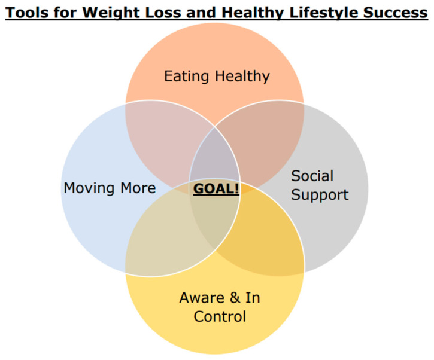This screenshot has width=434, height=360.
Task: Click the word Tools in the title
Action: [28, 13]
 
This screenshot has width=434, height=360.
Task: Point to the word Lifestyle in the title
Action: [324, 13]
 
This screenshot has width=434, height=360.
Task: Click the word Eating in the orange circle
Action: [187, 77]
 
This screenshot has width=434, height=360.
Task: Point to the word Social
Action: [312, 176]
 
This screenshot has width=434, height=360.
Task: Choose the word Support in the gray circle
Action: [320, 195]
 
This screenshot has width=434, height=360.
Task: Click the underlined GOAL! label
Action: [216, 189]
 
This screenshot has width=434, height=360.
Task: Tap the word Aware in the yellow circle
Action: [202, 298]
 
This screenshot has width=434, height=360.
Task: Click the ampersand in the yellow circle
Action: [235, 298]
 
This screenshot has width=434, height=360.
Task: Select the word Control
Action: [220, 316]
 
